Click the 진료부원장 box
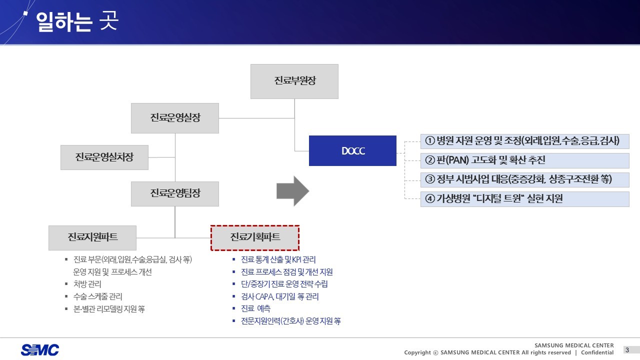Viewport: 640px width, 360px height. [x=294, y=81]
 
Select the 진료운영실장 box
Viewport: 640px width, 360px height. [x=174, y=118]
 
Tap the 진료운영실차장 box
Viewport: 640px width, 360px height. [x=104, y=157]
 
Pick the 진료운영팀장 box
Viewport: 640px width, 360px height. [x=174, y=193]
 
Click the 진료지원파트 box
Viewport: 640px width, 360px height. [x=92, y=237]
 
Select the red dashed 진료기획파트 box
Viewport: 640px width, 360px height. [x=255, y=237]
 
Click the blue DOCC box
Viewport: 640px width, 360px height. [x=352, y=150]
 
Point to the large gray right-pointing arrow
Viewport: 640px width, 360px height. [x=293, y=191]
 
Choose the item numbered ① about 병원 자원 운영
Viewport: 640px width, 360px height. [x=524, y=141]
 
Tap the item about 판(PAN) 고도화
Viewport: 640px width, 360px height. [x=524, y=160]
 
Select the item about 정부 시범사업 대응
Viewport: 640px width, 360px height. [x=524, y=179]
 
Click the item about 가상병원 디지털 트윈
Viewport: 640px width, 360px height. [x=524, y=198]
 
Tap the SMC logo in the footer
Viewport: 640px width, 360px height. [x=40, y=350]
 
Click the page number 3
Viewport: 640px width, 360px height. [x=627, y=349]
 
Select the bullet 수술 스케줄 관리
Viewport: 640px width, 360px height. [x=97, y=296]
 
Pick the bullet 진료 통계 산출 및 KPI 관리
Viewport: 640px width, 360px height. [x=278, y=259]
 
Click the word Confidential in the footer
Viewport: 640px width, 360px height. [x=597, y=352]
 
